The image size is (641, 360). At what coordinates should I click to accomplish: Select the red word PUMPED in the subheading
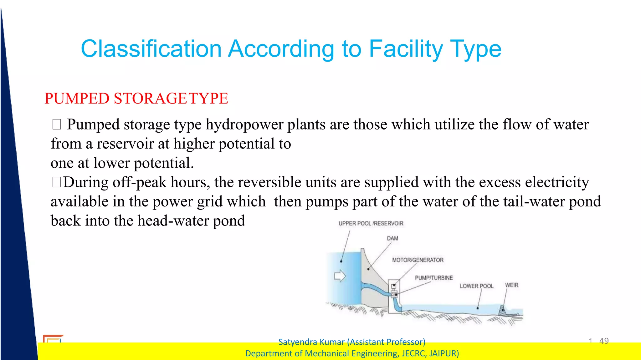coord(77,99)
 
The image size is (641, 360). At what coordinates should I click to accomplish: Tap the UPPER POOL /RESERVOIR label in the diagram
coord(371,223)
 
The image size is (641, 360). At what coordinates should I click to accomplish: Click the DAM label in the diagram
coord(392,238)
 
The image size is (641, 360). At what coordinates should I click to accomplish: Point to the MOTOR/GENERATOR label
coord(418,260)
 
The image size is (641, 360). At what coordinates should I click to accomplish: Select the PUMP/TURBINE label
coord(433,278)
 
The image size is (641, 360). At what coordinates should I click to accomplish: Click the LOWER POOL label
coord(476,286)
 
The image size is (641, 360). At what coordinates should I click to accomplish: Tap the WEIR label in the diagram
coord(511,285)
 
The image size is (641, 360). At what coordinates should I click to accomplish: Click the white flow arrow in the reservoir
coord(340,276)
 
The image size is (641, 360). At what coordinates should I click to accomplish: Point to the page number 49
coord(604,341)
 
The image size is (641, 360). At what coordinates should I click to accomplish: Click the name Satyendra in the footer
coord(296,342)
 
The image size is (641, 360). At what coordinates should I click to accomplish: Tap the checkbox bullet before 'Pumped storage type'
coord(57,124)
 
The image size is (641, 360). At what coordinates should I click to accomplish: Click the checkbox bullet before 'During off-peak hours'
coord(57,182)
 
